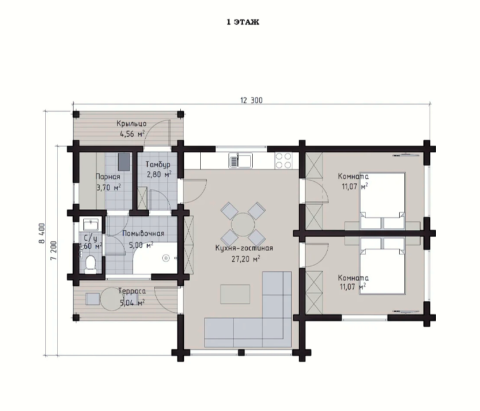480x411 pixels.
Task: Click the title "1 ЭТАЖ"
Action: point(243,22)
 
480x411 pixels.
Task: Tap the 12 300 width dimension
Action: point(251,100)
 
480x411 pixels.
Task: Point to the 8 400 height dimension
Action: point(42,233)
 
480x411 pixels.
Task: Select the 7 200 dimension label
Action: point(54,251)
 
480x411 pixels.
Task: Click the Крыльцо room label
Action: point(131,124)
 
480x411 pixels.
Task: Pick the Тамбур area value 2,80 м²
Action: point(159,175)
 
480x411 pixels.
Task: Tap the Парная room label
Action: point(108,177)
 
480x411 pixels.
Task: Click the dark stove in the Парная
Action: point(124,162)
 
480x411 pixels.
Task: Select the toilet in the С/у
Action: point(90,265)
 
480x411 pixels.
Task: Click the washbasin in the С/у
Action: point(90,224)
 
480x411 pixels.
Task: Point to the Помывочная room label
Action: point(143,233)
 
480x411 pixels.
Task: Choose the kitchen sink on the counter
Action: point(240,160)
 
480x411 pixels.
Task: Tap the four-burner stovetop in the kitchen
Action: point(283,160)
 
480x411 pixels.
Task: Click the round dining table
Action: point(243,225)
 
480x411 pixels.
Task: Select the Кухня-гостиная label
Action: point(244,248)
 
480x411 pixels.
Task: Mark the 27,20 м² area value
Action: point(245,259)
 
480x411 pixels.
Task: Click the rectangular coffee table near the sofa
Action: point(235,294)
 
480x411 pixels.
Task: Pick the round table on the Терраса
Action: point(112,299)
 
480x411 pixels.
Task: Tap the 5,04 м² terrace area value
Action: point(132,303)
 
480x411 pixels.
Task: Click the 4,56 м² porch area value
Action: point(132,134)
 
